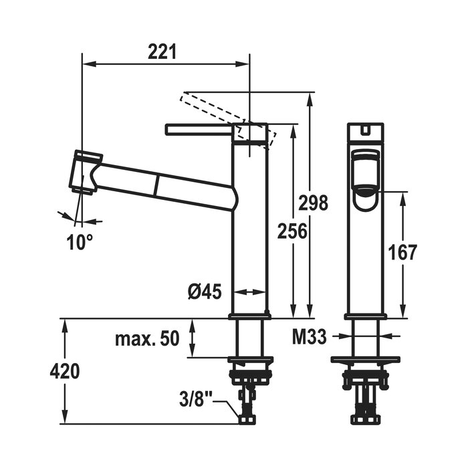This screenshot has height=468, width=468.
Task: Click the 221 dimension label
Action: pyautogui.click(x=162, y=51)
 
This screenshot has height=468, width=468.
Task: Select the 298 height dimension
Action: pyautogui.click(x=313, y=203)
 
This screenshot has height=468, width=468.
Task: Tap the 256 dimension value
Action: pyautogui.click(x=292, y=231)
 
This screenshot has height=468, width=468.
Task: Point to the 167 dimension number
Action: pyautogui.click(x=402, y=252)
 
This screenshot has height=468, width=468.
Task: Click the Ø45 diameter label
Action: pyautogui.click(x=205, y=291)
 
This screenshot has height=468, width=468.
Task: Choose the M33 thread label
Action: pyautogui.click(x=309, y=338)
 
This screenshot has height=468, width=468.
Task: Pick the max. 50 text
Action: pyautogui.click(x=147, y=338)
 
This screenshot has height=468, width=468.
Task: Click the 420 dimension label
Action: pyautogui.click(x=65, y=371)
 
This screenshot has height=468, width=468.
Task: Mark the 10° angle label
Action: pyautogui.click(x=80, y=242)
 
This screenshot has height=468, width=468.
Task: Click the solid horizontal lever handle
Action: pyautogui.click(x=199, y=130)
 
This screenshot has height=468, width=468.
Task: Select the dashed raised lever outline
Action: pyautogui.click(x=228, y=120)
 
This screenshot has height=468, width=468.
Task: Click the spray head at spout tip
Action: pyautogui.click(x=86, y=172)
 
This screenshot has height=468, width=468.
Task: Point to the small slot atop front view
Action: pyautogui.click(x=365, y=130)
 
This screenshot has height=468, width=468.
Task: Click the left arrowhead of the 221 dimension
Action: pyautogui.click(x=89, y=64)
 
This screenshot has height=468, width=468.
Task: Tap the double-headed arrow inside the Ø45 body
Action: pyautogui.click(x=249, y=291)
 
